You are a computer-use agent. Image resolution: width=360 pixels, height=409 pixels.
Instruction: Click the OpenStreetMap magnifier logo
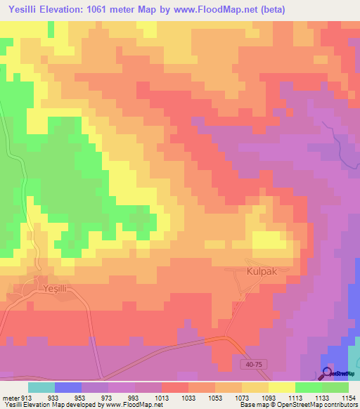click(326, 373)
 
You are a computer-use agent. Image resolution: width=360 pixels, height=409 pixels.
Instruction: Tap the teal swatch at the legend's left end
click(41, 387)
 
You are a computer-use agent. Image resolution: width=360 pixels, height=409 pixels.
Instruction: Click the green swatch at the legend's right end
click(335, 387)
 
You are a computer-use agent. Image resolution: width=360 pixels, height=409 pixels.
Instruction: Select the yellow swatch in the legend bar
click(282, 387)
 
